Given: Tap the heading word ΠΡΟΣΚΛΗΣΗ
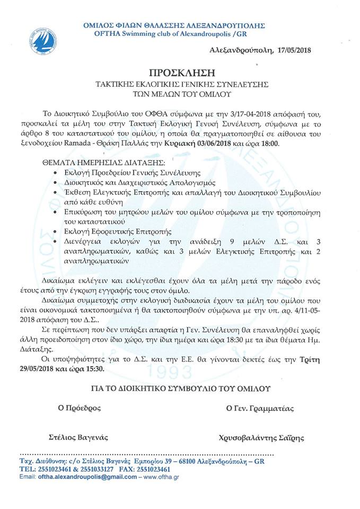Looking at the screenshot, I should click(179, 73).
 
